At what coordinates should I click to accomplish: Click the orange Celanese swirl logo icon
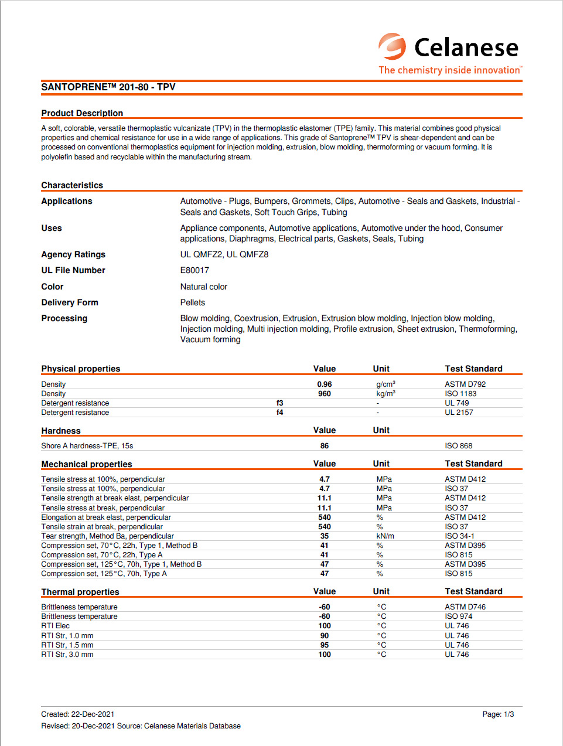[x=392, y=46]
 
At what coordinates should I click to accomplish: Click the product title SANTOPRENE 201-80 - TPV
[x=108, y=87]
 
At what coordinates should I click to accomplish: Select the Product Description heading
[x=82, y=113]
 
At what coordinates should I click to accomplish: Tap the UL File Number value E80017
[x=195, y=270]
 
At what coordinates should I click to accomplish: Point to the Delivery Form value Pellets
[x=193, y=302]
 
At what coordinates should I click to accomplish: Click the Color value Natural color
[x=204, y=287]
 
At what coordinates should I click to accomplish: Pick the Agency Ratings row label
[x=73, y=254]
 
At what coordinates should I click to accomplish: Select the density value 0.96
[x=325, y=384]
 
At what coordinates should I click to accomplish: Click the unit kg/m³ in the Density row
[x=385, y=394]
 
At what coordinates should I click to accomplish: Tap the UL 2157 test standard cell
[x=459, y=413]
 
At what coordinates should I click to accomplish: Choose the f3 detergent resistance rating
[x=280, y=403]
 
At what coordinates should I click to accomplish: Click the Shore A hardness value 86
[x=325, y=446]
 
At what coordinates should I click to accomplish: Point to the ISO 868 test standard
[x=458, y=446]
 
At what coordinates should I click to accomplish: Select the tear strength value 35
[x=325, y=536]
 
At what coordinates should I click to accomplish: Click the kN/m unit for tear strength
[x=385, y=536]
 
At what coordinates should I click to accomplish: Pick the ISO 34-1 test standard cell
[x=459, y=536]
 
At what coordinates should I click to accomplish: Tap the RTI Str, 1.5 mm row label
[x=67, y=645]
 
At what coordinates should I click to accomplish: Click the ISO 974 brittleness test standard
[x=458, y=616]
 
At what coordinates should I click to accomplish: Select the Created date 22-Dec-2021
[x=93, y=714]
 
